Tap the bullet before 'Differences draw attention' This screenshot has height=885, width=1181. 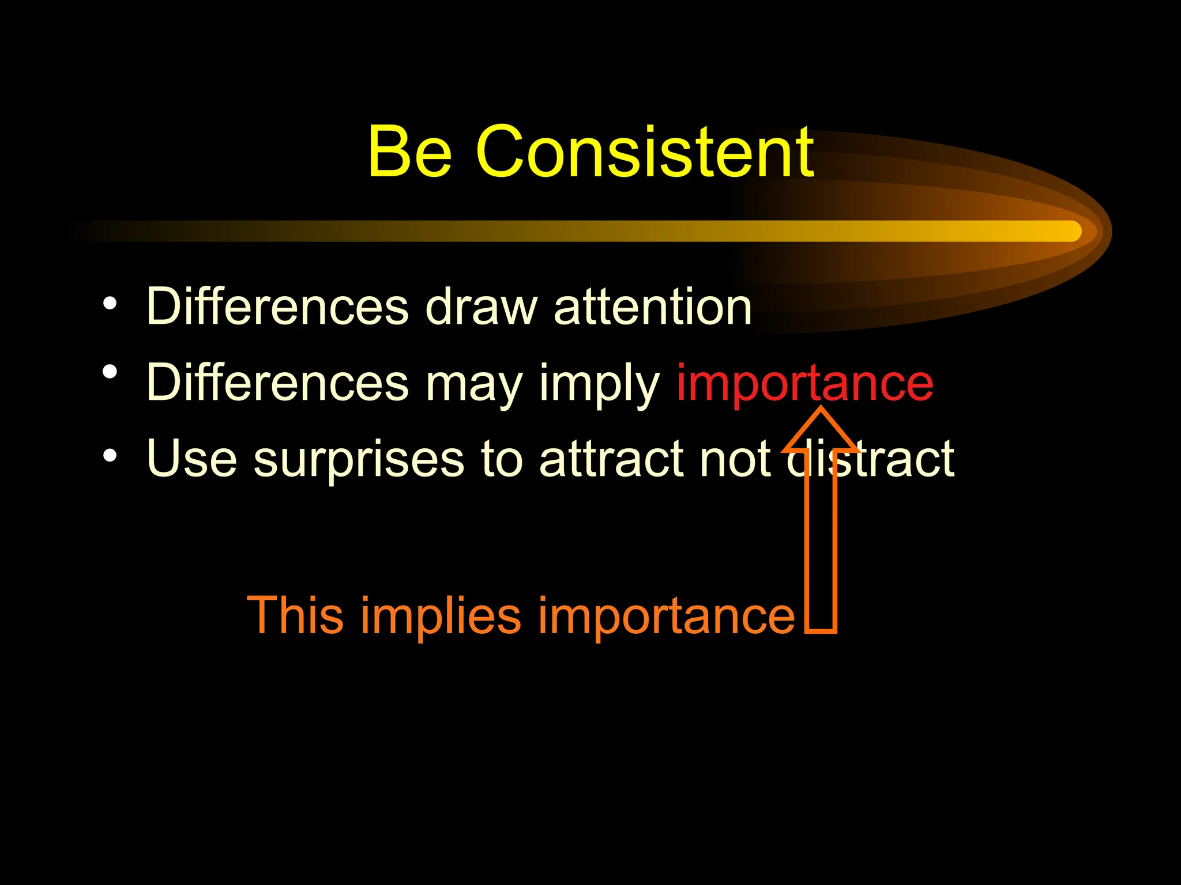pos(110,304)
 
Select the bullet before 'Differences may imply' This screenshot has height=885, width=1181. pos(110,372)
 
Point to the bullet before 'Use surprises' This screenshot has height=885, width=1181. pos(110,456)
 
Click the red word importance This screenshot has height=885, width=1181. pos(804,383)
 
